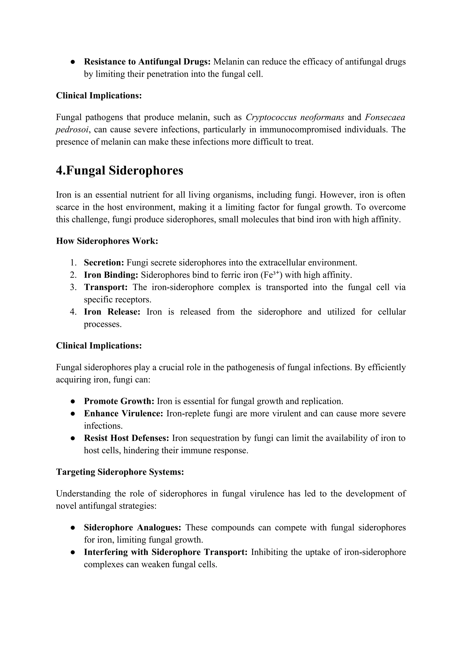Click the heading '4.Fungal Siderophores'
[x=120, y=171]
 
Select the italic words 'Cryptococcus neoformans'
[x=295, y=117]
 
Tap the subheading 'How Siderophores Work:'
[x=107, y=241]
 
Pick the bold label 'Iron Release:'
[x=112, y=312]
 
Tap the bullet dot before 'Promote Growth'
[x=73, y=402]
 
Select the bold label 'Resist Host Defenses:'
[x=127, y=438]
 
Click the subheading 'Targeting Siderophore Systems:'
[x=120, y=472]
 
